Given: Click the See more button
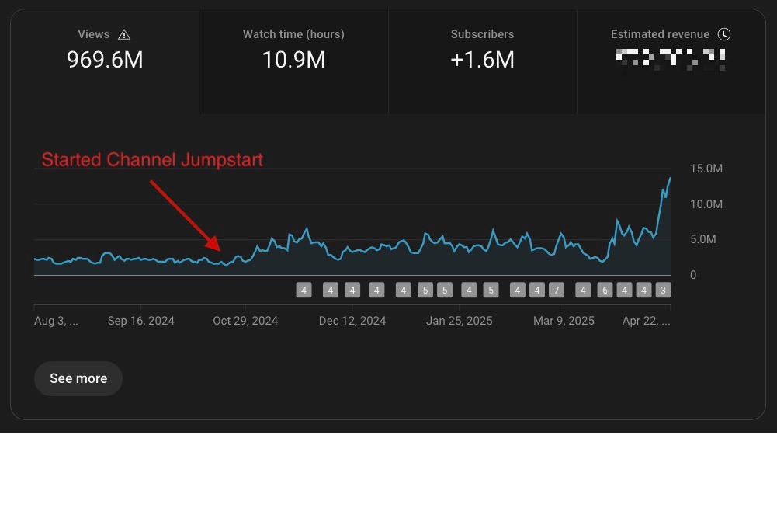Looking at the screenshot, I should (x=78, y=378).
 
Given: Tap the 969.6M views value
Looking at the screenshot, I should (x=105, y=60).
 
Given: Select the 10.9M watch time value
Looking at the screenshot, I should (x=293, y=60).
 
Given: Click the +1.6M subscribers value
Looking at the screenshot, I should (x=482, y=60).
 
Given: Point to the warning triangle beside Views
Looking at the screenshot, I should (x=124, y=34).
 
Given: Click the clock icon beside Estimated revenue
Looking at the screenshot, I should (x=724, y=34).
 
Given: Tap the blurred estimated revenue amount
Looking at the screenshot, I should (x=671, y=59).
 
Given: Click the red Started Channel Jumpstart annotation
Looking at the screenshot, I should (x=152, y=160).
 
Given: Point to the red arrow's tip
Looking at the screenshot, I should (x=220, y=249).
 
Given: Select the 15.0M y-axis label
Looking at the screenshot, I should (x=706, y=169).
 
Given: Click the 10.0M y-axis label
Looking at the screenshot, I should (x=706, y=204).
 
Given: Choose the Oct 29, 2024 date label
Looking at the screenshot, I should (x=245, y=321).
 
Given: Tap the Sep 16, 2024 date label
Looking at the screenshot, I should (x=141, y=321).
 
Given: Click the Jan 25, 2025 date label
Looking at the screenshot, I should (x=460, y=321).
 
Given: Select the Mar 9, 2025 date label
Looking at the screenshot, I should (x=564, y=321).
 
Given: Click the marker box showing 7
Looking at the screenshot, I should (x=556, y=291).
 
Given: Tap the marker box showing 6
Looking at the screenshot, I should (x=605, y=291).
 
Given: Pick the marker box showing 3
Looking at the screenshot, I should (x=662, y=291).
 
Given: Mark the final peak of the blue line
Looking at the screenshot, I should (x=670, y=179).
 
